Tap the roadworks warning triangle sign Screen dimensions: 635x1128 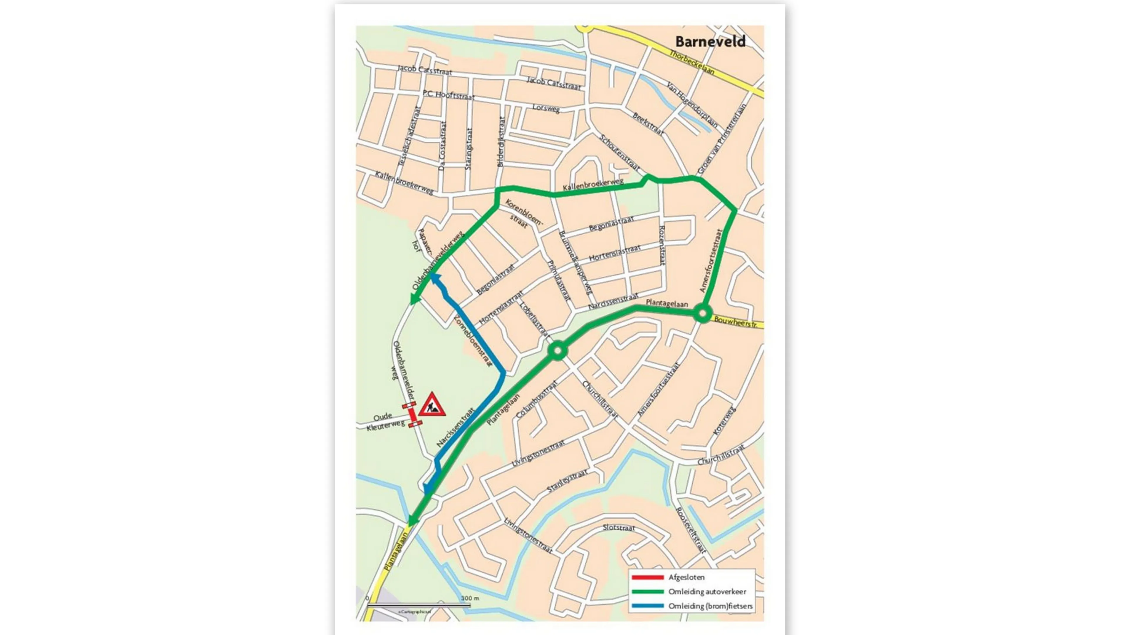click(x=432, y=405)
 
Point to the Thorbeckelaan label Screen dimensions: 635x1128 click(x=692, y=62)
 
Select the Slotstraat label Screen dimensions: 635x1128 click(x=618, y=528)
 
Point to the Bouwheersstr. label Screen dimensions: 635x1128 click(x=735, y=322)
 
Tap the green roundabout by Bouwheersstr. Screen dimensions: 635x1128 click(x=702, y=314)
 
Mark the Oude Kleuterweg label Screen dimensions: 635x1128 click(x=385, y=421)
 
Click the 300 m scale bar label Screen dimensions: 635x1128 click(x=470, y=598)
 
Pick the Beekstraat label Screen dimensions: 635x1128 click(x=648, y=123)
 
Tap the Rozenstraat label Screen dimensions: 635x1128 click(x=662, y=245)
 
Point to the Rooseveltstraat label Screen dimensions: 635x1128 click(x=691, y=530)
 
